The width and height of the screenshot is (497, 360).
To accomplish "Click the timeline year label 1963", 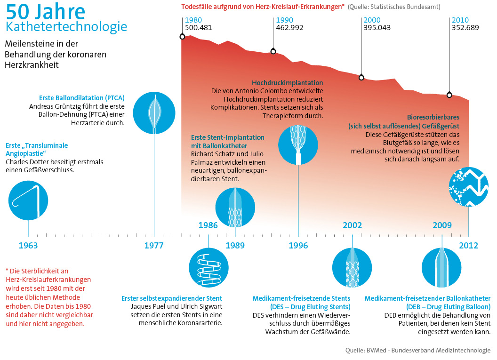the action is click(28, 246).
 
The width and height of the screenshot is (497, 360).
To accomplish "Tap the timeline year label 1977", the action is click(154, 246).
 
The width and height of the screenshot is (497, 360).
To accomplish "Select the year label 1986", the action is click(208, 225).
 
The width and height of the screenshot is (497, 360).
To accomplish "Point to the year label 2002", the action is click(352, 225).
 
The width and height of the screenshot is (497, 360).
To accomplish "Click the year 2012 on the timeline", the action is click(468, 246).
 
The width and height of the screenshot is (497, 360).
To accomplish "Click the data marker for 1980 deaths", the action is click(182, 37).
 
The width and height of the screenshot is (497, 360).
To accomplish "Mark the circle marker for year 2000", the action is click(361, 77).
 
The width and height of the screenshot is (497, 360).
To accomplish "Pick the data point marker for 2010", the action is click(449, 95).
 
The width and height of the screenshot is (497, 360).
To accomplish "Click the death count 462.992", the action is click(289, 28).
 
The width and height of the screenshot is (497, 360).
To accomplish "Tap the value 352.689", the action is click(465, 28).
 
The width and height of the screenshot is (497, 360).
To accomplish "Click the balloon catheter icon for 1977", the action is click(154, 113).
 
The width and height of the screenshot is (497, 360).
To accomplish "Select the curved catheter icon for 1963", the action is click(28, 200).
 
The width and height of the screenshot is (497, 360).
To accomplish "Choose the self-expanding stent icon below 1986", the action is click(208, 268).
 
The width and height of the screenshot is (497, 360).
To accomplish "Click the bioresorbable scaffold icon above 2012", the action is click(469, 187).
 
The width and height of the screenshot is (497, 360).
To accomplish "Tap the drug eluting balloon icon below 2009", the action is click(441, 268).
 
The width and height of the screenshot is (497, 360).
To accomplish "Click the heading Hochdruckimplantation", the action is click(288, 83).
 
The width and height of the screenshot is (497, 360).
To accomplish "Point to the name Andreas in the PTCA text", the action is click(41, 106).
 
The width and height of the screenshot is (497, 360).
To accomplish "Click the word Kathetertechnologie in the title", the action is click(66, 27).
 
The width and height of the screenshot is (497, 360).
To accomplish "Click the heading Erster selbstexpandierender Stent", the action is click(172, 298).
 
